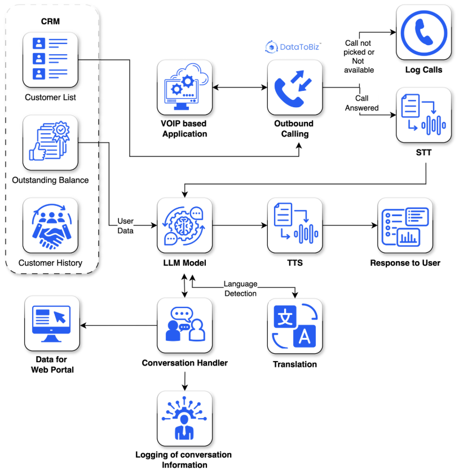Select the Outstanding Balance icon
click(50, 143)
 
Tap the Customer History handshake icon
click(50, 225)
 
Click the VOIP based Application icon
click(184, 88)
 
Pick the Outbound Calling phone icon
click(294, 88)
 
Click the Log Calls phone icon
click(423, 32)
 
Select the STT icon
click(423, 115)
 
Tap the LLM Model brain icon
click(184, 225)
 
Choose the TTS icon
click(294, 225)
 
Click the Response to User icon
click(405, 225)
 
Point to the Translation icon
click(294, 326)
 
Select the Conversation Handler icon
click(184, 326)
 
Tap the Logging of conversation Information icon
click(184, 419)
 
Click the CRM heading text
click(50, 21)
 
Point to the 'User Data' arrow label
click(125, 225)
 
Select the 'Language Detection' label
click(241, 288)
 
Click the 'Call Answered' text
click(361, 103)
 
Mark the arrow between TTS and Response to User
click(350, 225)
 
